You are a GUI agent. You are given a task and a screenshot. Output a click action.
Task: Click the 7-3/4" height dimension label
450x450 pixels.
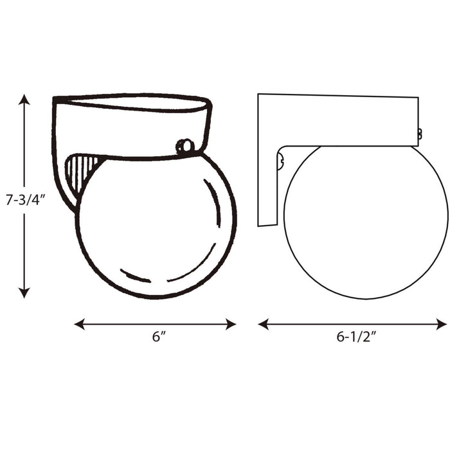click(x=24, y=200)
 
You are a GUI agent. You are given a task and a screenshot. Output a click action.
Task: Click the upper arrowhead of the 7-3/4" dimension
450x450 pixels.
click(x=24, y=99)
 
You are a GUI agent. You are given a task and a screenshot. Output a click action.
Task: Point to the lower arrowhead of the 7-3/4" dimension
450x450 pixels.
click(x=24, y=293)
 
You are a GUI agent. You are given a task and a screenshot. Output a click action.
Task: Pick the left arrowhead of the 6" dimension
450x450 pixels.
click(x=79, y=324)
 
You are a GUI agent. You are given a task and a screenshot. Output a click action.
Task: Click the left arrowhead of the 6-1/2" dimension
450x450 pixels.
click(x=262, y=324)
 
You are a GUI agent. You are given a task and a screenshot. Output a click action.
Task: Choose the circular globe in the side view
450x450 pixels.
click(x=365, y=222)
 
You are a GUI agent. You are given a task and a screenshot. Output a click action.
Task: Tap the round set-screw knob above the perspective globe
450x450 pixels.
click(x=184, y=146)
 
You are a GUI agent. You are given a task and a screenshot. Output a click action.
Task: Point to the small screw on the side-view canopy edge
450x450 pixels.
click(x=420, y=134)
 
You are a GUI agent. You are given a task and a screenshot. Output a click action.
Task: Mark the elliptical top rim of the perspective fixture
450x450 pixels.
click(x=132, y=103)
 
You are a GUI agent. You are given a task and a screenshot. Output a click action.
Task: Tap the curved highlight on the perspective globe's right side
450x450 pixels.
click(x=217, y=203)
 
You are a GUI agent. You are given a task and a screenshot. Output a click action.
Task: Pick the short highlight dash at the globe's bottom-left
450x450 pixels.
click(x=136, y=277)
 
